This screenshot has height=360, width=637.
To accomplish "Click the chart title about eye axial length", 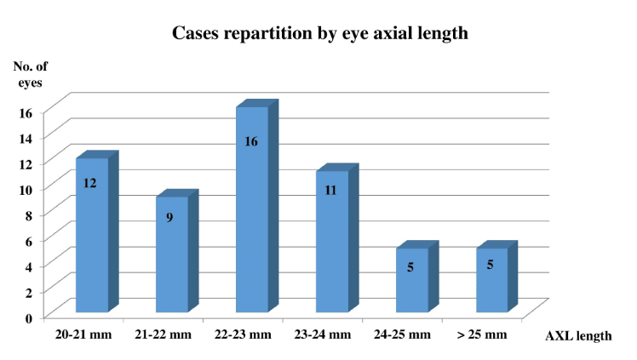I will [x=319, y=35].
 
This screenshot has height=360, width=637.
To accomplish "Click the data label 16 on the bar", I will [x=251, y=142].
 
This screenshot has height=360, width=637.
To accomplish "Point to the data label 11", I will [x=331, y=191].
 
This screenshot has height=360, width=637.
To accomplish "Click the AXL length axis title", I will [x=577, y=335].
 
